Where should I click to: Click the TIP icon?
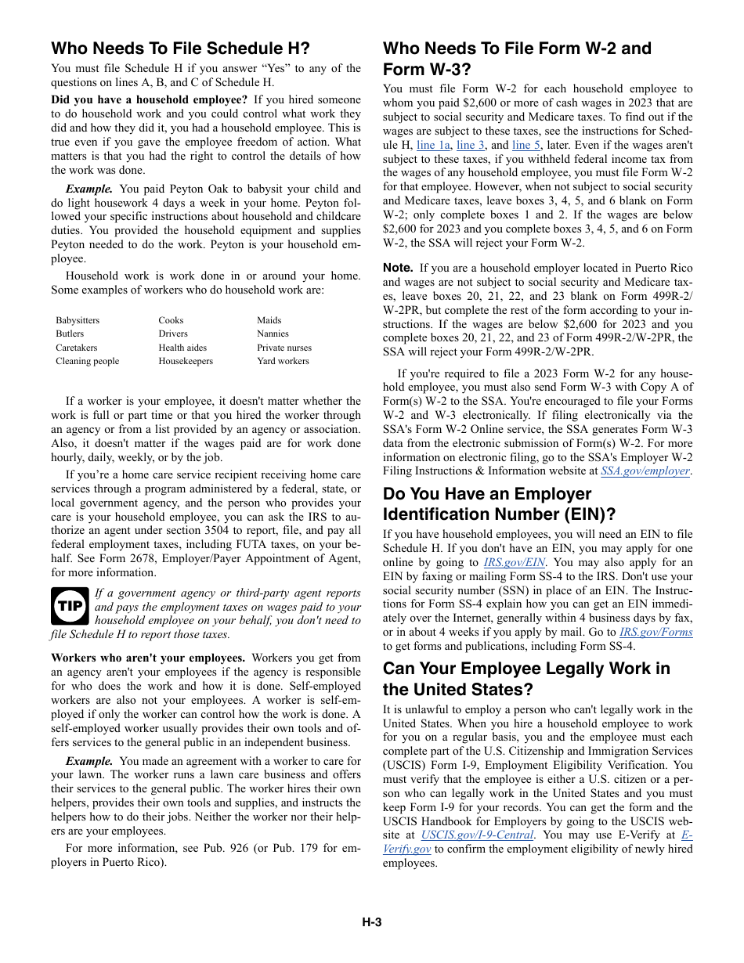70,606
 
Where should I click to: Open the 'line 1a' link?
433,145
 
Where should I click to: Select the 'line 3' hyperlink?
471,145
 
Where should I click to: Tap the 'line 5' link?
525,145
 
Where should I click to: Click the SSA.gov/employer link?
645,471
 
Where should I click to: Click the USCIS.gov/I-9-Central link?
478,835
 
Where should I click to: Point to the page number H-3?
371,922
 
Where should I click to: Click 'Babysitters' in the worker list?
78,320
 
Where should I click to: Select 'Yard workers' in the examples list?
283,361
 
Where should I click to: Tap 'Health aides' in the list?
182,348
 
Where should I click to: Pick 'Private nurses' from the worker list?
284,348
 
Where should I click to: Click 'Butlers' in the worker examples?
70,334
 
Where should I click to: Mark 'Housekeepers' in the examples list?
186,361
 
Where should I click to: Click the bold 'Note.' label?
397,268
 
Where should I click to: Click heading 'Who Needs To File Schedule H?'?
180,49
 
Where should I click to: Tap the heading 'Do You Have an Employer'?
487,494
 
